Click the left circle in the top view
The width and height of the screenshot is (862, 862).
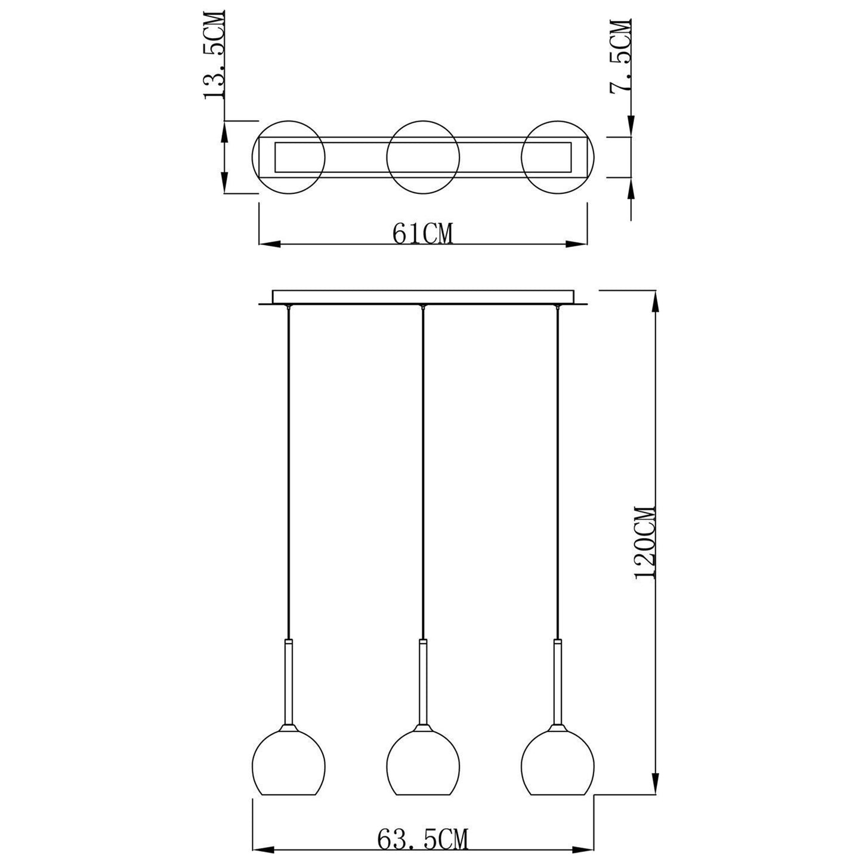[x=289, y=157]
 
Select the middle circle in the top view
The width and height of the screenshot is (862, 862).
[x=423, y=157]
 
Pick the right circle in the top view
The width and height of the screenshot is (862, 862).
[x=557, y=157]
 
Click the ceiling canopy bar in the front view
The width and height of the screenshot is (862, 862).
[x=423, y=297]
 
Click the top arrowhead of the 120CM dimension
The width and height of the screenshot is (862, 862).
[x=656, y=301]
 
